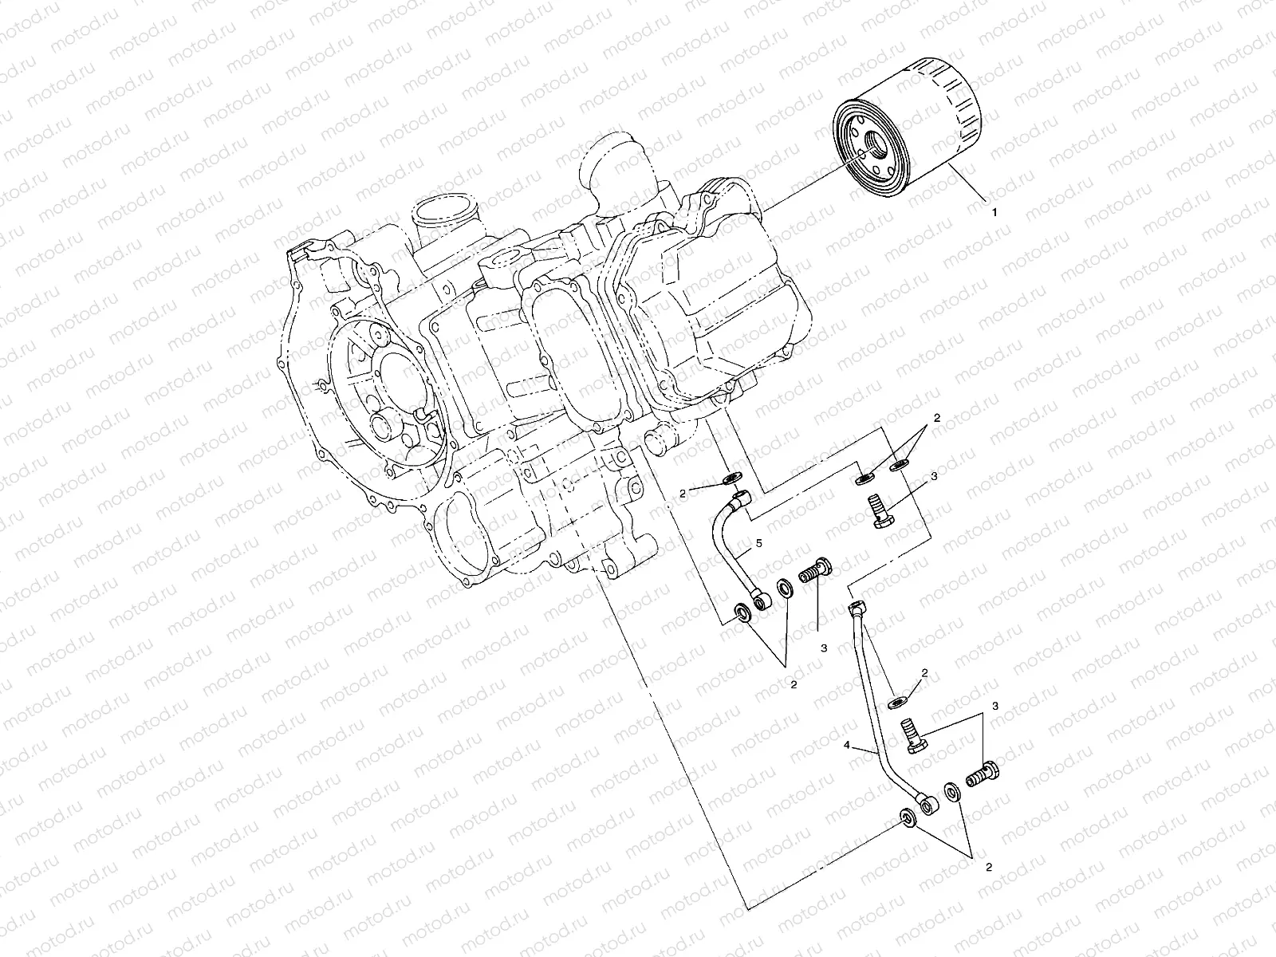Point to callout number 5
pyautogui.click(x=759, y=543)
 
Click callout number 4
pyautogui.click(x=847, y=746)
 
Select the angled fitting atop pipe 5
pyautogui.click(x=742, y=499)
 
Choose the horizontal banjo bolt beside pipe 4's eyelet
pyautogui.click(x=985, y=774)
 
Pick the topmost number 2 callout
pyautogui.click(x=937, y=418)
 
